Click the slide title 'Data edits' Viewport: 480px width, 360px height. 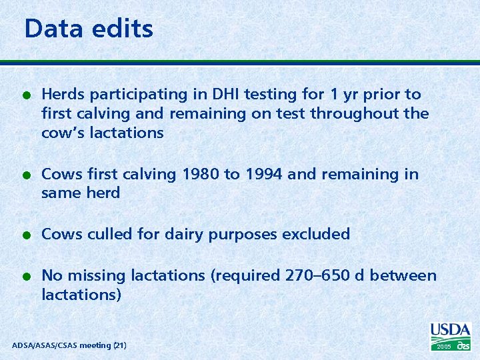89,29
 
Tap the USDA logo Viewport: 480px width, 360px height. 451,330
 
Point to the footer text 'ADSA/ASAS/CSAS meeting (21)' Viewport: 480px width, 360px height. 69,345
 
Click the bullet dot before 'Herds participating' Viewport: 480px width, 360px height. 25,95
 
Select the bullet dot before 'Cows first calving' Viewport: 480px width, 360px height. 25,175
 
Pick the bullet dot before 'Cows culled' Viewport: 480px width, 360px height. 25,235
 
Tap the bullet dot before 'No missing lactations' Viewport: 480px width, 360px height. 25,277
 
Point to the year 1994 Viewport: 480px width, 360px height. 263,175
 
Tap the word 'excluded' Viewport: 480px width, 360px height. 316,235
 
